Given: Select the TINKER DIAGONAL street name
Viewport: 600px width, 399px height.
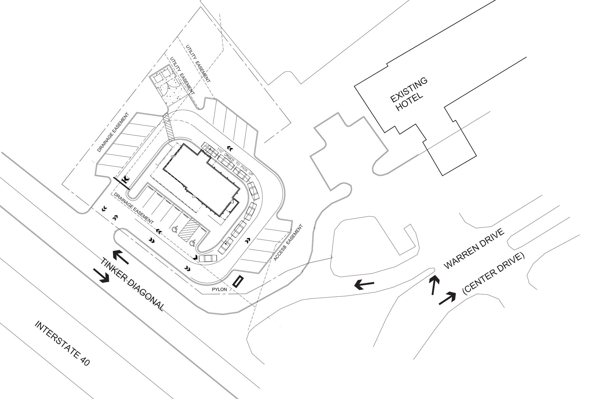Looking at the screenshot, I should point(132,284).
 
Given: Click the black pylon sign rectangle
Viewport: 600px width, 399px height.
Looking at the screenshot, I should point(238,282).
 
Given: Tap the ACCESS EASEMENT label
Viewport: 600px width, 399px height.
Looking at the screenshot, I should point(288,242).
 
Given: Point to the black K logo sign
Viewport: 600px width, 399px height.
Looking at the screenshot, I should point(126,180).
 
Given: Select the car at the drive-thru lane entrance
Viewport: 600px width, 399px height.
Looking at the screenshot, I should point(207,258).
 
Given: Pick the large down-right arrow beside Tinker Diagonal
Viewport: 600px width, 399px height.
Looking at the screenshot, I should point(101,275).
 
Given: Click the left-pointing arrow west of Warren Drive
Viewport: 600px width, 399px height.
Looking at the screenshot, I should point(364,285).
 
